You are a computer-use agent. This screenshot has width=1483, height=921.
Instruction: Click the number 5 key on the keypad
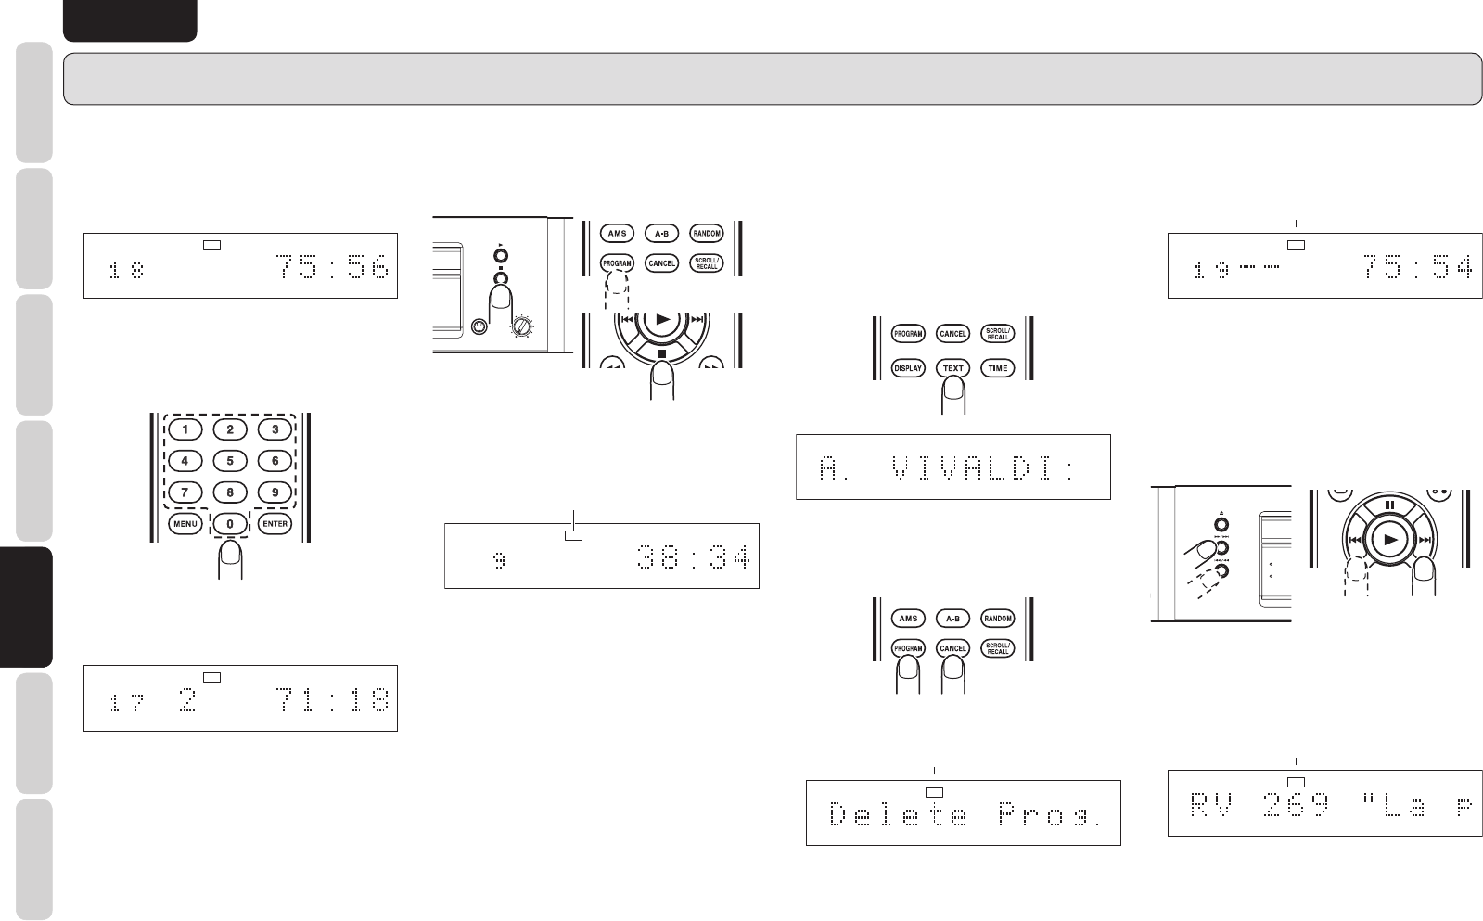pos(230,460)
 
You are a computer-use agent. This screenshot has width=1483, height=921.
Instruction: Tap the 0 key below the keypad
pos(230,524)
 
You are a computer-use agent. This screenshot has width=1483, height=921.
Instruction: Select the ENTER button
pos(275,524)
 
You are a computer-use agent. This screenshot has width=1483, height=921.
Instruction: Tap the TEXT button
pos(953,368)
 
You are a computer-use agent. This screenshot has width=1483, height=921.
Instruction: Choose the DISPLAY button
pos(908,368)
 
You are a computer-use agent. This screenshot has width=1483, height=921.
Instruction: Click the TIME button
pos(998,368)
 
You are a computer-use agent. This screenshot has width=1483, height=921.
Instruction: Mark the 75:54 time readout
pos(1415,268)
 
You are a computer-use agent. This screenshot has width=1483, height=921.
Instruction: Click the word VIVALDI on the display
pos(973,470)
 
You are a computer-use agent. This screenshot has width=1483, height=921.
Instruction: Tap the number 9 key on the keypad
pos(275,492)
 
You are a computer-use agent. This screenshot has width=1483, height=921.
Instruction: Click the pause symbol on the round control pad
pos(1389,506)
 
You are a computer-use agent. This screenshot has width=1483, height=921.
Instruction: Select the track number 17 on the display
pos(125,704)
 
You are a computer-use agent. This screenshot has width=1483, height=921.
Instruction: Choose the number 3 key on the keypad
pos(275,429)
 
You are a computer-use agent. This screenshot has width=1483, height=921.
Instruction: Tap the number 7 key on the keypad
pos(185,492)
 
